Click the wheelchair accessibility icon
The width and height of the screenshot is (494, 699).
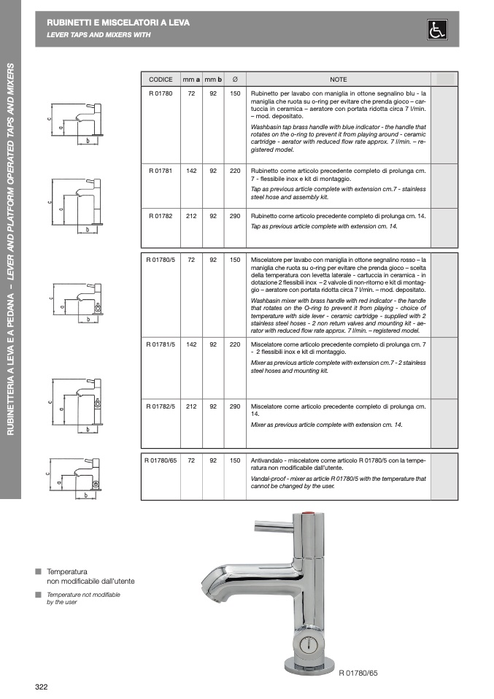[x=437, y=30]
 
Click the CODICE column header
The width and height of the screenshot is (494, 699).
[x=161, y=79]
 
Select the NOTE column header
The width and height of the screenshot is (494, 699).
[x=338, y=79]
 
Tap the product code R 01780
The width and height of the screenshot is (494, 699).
[x=161, y=94]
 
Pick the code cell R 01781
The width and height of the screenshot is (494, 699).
[x=161, y=171]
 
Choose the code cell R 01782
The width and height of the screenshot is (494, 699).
[x=161, y=217]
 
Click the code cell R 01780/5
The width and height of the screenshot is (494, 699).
[x=161, y=260]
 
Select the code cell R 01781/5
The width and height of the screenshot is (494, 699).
[x=161, y=344]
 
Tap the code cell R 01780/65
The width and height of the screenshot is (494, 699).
[x=161, y=461]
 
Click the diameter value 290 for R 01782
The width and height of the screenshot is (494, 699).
[x=235, y=217]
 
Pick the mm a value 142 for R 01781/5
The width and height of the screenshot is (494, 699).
[x=191, y=344]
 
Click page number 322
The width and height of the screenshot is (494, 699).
[x=42, y=687]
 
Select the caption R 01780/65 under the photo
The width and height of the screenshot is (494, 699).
[x=359, y=672]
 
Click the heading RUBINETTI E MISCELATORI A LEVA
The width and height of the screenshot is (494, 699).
[x=117, y=23]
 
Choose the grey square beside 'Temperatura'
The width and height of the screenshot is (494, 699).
[x=39, y=571]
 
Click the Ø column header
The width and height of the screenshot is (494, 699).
[x=235, y=79]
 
